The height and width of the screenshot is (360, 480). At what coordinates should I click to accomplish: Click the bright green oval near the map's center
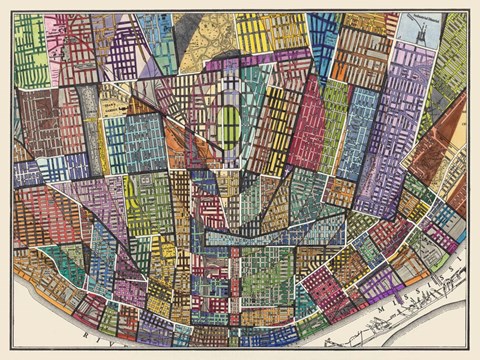coord(230,128)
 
